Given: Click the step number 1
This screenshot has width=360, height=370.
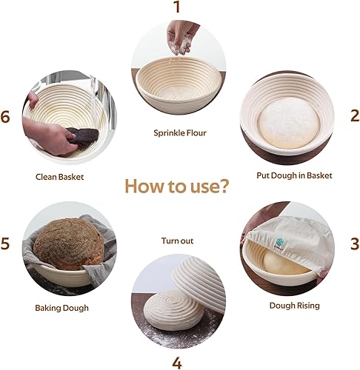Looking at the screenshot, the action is coord(177,7).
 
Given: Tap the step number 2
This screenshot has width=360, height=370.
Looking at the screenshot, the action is coord(355,115).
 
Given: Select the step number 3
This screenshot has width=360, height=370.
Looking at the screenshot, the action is coord(355,243).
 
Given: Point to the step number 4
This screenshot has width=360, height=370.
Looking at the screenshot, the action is coord(177,363).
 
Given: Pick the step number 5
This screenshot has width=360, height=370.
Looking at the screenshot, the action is coord(5,243).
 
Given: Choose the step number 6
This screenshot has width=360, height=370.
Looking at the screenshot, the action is coord(5,117).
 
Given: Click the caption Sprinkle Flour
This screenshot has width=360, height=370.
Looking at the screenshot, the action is coord(180,133).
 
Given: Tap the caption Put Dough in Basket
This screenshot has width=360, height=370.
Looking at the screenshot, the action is coord(294,175).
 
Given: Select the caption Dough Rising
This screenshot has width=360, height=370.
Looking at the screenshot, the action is coord(294,306).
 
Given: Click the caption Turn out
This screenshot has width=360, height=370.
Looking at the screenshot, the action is coord(177,240).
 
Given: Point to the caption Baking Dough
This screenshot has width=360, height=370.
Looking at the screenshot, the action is coord(61,308).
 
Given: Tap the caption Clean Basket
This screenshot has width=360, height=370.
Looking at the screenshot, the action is coord(59,177).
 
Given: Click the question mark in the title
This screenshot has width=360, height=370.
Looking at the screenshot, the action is coord(224,186).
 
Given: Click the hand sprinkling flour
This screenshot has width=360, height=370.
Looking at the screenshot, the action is coord(181,37).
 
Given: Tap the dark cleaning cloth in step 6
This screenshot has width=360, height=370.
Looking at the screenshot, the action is coord(83,138).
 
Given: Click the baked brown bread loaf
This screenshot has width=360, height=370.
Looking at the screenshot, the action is coord(69,244).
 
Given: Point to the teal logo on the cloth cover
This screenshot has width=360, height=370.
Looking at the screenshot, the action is coord(279,242).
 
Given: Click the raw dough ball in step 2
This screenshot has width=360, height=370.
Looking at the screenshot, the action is coord(289,124).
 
